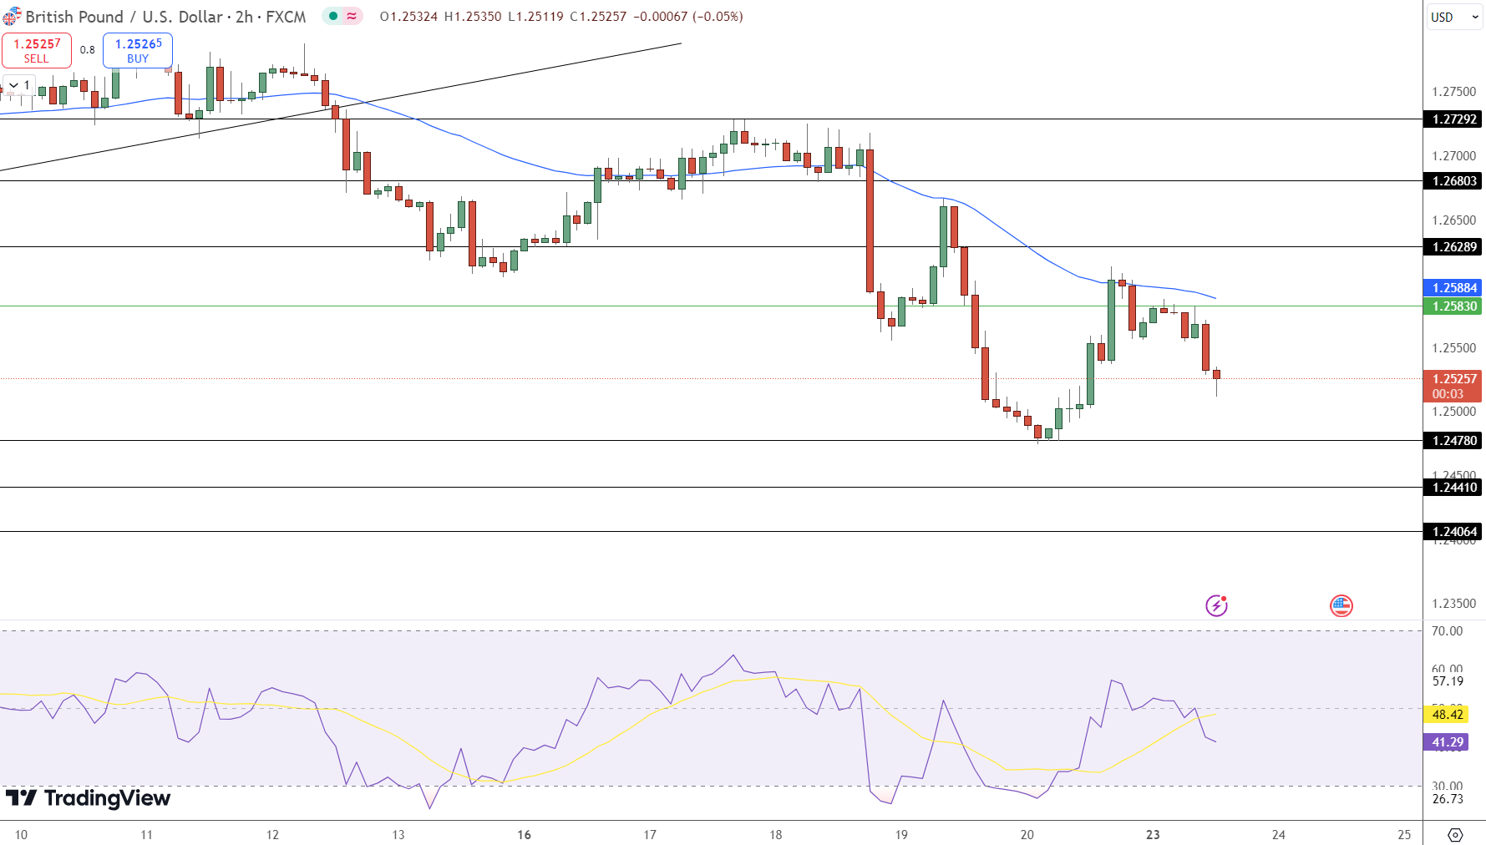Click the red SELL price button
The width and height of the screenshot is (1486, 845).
pyautogui.click(x=37, y=50)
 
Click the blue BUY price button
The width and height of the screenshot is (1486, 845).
pyautogui.click(x=138, y=50)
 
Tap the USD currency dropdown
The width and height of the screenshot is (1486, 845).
pyautogui.click(x=1453, y=17)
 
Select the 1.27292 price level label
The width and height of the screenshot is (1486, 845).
pyautogui.click(x=1453, y=119)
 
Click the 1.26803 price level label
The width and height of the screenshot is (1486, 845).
pyautogui.click(x=1453, y=181)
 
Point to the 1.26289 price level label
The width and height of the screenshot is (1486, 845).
pyautogui.click(x=1453, y=247)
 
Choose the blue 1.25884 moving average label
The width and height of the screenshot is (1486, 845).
pyautogui.click(x=1453, y=288)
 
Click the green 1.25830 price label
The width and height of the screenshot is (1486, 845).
pyautogui.click(x=1453, y=306)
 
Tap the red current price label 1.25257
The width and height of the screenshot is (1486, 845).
pyautogui.click(x=1453, y=379)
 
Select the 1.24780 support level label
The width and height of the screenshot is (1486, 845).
pyautogui.click(x=1453, y=441)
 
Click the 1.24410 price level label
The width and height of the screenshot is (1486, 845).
pyautogui.click(x=1453, y=488)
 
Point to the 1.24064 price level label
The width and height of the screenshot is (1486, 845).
pyautogui.click(x=1453, y=532)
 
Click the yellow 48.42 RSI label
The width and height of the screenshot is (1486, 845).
pyautogui.click(x=1447, y=715)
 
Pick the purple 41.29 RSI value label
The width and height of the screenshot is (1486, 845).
pyautogui.click(x=1447, y=742)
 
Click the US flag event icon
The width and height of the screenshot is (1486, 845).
pyautogui.click(x=1341, y=605)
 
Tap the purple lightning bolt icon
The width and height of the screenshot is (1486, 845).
pyautogui.click(x=1216, y=605)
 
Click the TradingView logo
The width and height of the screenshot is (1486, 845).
pyautogui.click(x=88, y=798)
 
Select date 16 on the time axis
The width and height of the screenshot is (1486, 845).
pyautogui.click(x=524, y=835)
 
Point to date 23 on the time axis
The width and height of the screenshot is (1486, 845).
pyautogui.click(x=1153, y=835)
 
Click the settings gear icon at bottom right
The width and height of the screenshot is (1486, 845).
pyautogui.click(x=1455, y=835)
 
